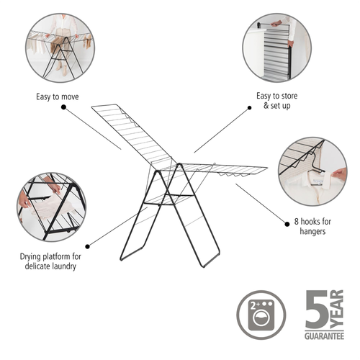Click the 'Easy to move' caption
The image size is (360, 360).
click(58, 96)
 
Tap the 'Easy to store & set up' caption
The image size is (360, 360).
click(277, 101)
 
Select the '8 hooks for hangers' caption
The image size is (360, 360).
click(312, 226)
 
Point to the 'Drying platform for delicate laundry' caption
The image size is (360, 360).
click(50, 261)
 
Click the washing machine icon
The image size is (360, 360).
click(261, 315)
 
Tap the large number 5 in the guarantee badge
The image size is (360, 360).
click(317, 310)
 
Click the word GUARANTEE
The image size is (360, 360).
click(324, 336)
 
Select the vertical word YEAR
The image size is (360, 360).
click(336, 309)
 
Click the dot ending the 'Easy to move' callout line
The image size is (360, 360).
click(63, 107)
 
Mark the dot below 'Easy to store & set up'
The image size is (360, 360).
click(250, 108)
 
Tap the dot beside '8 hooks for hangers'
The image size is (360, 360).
click(287, 224)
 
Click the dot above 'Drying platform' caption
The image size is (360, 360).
click(88, 246)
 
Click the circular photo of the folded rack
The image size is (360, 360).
click(276, 48)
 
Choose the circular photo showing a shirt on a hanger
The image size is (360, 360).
click(312, 171)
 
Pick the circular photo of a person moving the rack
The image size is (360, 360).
click(60, 48)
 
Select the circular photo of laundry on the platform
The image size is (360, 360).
click(51, 207)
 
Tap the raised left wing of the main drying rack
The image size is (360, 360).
click(133, 135)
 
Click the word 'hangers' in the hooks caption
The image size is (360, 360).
click(312, 231)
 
